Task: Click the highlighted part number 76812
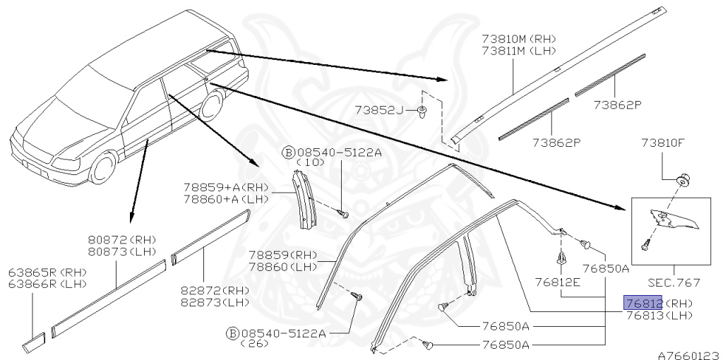tap(642, 303)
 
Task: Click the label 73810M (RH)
tap(518, 39)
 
